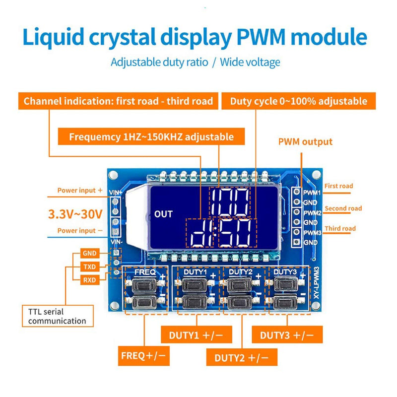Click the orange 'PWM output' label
click(x=305, y=142)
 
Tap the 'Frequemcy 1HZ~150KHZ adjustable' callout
click(x=151, y=136)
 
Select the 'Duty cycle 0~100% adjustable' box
click(x=299, y=101)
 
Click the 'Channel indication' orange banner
click(x=118, y=101)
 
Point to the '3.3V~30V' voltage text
click(x=75, y=214)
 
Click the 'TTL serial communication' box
click(x=57, y=317)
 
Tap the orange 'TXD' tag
click(x=90, y=267)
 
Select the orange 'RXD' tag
click(x=90, y=280)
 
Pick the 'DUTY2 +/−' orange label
click(x=242, y=357)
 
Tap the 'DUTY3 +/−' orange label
click(x=287, y=335)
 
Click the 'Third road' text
click(x=340, y=229)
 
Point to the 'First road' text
click(x=339, y=186)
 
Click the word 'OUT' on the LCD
click(x=163, y=214)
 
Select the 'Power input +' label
click(x=80, y=190)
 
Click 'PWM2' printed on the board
click(x=313, y=212)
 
